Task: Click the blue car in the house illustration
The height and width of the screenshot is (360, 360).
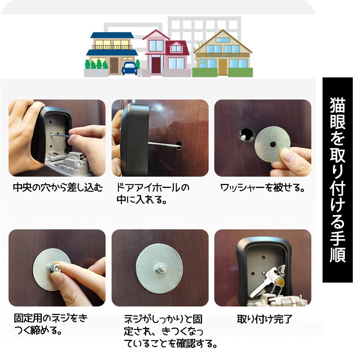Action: click(x=130, y=68)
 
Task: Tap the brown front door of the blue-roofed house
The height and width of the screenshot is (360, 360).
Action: click(x=114, y=65)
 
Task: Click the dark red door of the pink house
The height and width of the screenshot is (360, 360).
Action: click(x=156, y=64)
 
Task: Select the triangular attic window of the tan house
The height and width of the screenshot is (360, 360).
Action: click(x=222, y=37)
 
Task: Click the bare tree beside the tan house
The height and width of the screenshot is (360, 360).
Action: click(x=198, y=54)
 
